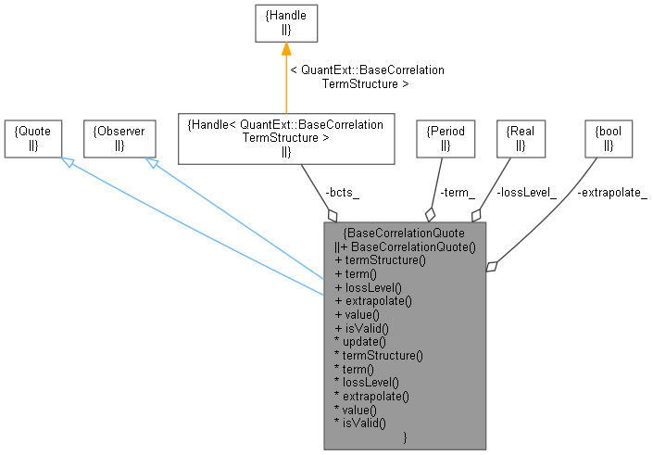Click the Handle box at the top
286,22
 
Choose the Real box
521,138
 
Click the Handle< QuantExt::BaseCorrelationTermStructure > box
285,138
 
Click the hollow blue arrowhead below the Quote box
67,163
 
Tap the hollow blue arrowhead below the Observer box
150,163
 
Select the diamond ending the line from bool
493,267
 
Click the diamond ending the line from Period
429,214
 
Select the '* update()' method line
361,341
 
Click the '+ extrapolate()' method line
372,300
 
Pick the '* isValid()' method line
361,423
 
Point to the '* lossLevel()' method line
367,382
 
